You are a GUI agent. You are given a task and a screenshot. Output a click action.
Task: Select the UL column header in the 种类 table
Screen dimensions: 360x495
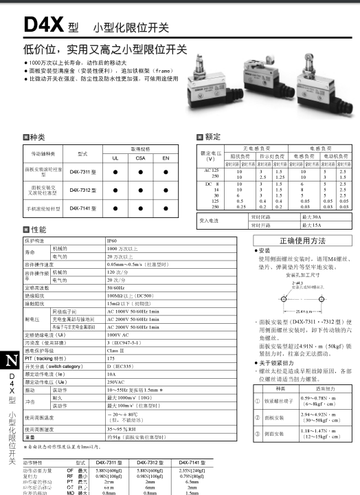[x=115, y=157]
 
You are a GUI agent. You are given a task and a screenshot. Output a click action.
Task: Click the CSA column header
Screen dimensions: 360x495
[x=140, y=157]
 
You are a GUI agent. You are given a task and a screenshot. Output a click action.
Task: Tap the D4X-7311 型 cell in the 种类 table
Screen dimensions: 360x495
[x=83, y=171]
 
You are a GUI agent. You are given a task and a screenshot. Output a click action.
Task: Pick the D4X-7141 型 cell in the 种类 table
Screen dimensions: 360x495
[x=83, y=206]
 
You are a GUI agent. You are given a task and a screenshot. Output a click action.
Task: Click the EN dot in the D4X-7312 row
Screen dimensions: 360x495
[x=166, y=189]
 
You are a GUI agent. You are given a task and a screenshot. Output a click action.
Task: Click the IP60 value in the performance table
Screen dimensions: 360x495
[x=112, y=241]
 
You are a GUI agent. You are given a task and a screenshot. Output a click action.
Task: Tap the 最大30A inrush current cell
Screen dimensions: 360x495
[x=311, y=217]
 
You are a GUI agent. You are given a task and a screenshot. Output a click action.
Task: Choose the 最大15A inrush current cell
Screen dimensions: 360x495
[x=311, y=224]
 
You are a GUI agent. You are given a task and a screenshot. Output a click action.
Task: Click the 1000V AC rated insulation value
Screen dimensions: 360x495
[x=117, y=335]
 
